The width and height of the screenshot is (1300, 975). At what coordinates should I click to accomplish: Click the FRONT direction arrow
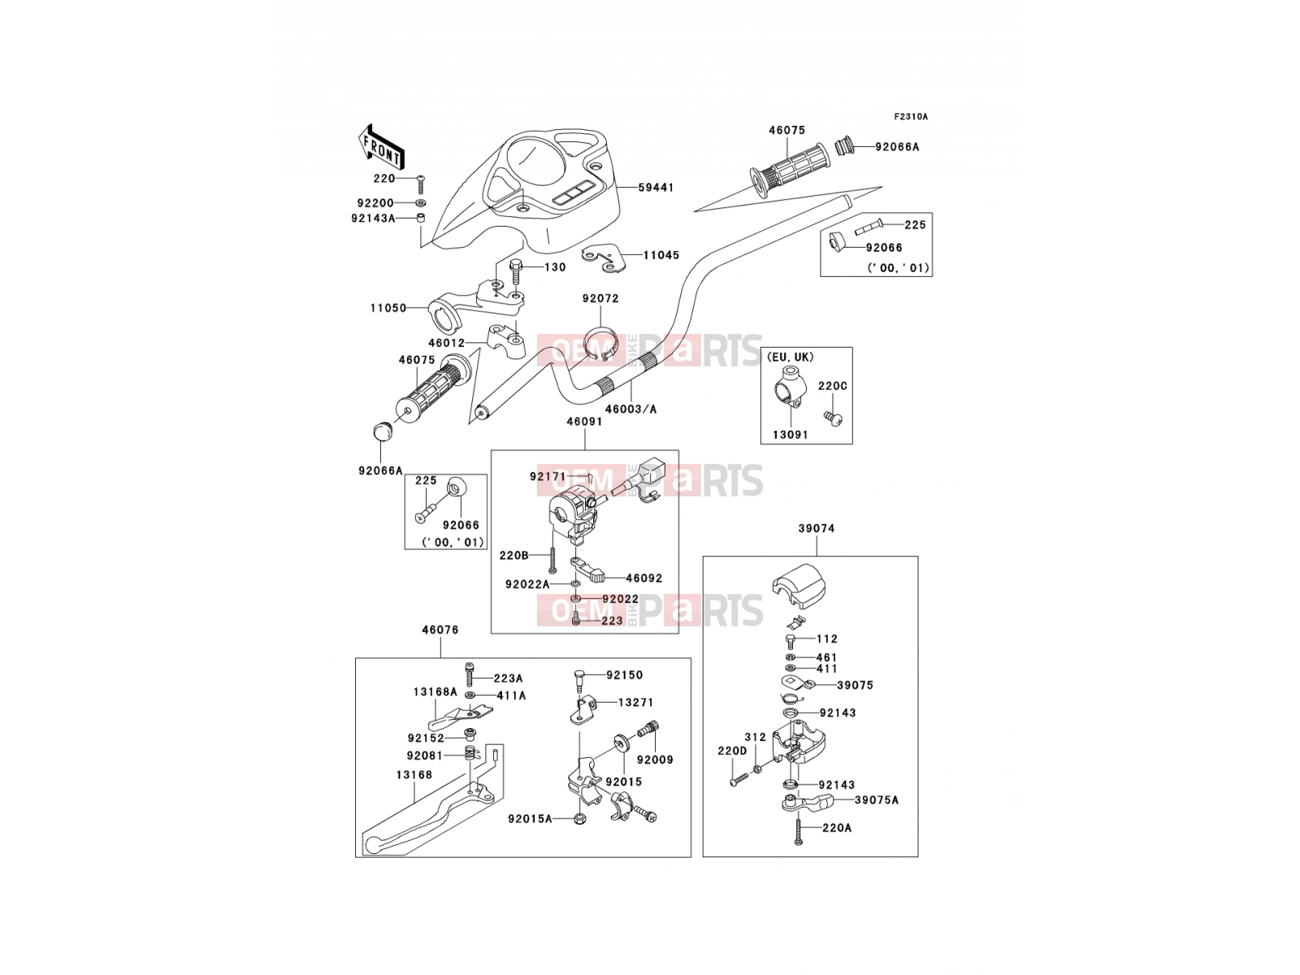point(381,148)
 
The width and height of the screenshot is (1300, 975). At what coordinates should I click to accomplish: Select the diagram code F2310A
point(910,117)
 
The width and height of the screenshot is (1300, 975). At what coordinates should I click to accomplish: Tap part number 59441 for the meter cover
point(656,187)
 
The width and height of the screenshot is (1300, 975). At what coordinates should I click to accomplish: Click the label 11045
point(661,255)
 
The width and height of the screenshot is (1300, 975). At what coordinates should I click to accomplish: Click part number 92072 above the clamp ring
point(600,298)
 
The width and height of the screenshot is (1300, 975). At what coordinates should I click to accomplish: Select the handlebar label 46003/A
point(630,409)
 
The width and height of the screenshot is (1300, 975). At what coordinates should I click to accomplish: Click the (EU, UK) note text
point(790,357)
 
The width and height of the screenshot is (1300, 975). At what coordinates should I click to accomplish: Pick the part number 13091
point(790,435)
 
